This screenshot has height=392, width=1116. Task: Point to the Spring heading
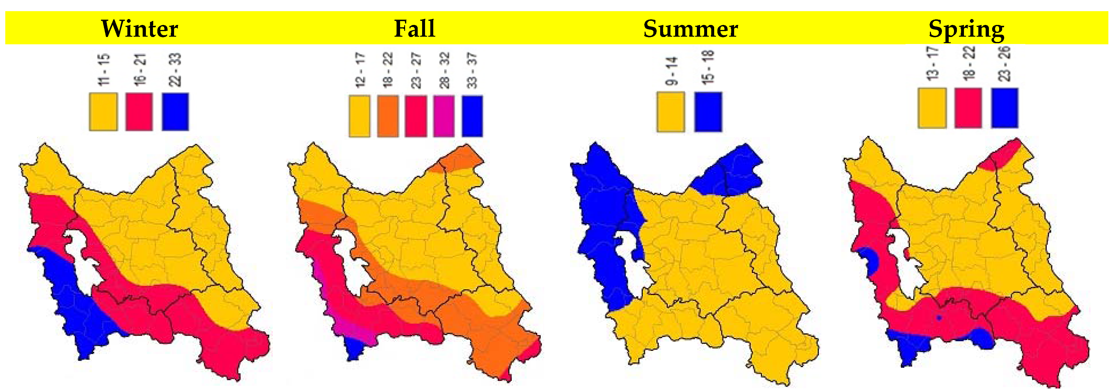coord(966,29)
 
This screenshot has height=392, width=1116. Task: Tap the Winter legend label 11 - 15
coord(104,69)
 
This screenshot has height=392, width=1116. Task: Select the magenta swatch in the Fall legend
coord(444,116)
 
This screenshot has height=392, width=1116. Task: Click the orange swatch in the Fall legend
coord(388,116)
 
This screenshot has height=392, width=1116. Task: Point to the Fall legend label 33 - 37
coord(472,70)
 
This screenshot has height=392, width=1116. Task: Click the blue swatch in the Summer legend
coord(708,112)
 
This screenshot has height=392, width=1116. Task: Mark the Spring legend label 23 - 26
coord(1004,64)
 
